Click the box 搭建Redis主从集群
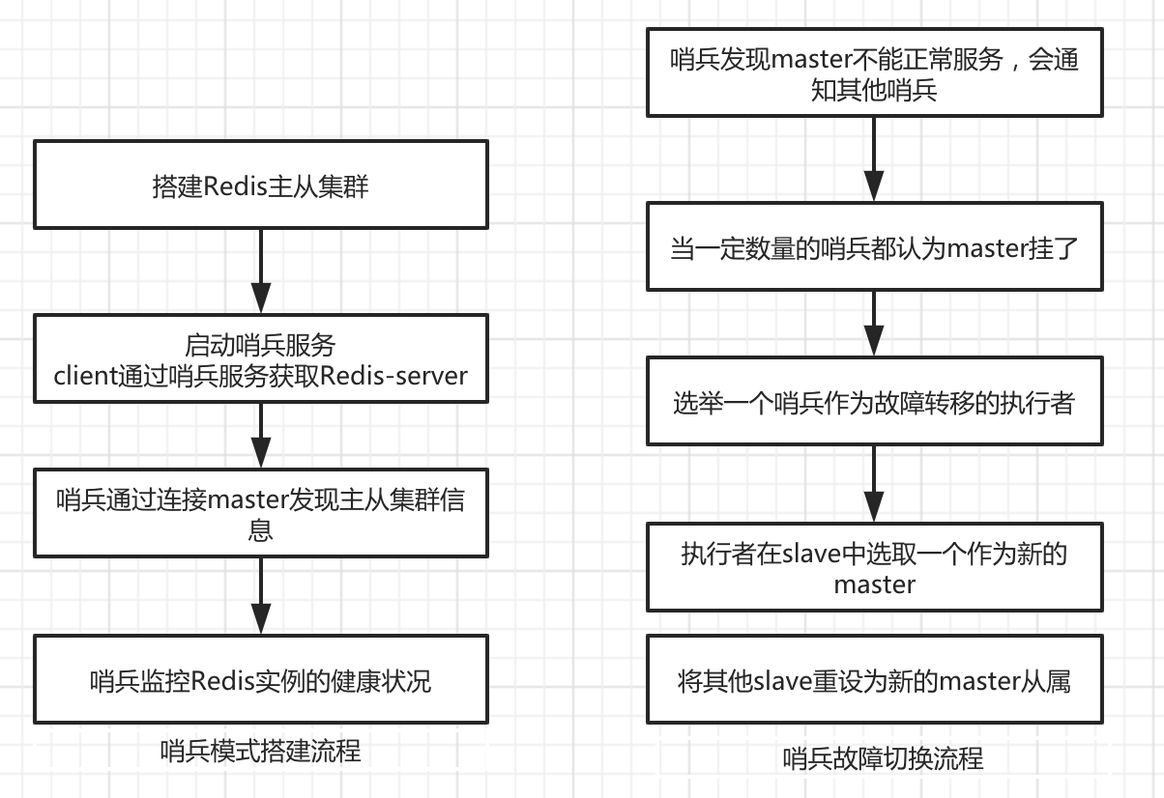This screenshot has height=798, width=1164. [x=261, y=185]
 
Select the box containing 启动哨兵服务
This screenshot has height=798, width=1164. [x=261, y=358]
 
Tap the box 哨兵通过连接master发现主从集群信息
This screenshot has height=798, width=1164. [x=261, y=513]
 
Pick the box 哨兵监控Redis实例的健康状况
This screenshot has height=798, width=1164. [x=261, y=679]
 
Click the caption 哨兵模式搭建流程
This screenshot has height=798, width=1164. [x=261, y=751]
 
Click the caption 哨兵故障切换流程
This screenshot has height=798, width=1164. [x=883, y=758]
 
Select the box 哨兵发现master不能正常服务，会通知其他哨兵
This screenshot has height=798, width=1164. [x=874, y=73]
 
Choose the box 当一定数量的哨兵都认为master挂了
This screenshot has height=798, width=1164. [x=874, y=247]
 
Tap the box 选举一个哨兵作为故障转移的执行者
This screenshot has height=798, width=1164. [x=874, y=402]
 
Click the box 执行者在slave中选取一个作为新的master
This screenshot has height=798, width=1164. [x=874, y=568]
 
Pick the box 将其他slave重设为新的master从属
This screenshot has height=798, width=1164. [x=874, y=680]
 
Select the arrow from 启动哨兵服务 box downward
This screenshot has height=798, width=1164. [x=261, y=435]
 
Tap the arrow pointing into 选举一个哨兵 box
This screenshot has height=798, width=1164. [x=874, y=324]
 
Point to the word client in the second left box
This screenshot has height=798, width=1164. [x=87, y=375]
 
